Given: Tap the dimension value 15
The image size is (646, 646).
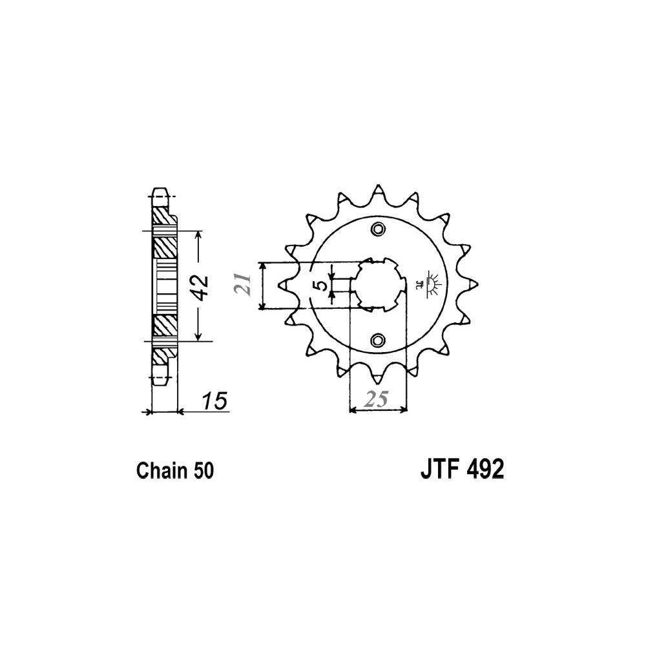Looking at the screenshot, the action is point(215,401).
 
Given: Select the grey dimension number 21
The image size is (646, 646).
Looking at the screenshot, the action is point(244,284).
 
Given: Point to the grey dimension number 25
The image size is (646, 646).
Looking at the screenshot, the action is point(375,399).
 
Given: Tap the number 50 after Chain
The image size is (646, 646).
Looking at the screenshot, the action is point(203,470).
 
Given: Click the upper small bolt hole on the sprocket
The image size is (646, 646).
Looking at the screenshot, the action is point(378,229).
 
